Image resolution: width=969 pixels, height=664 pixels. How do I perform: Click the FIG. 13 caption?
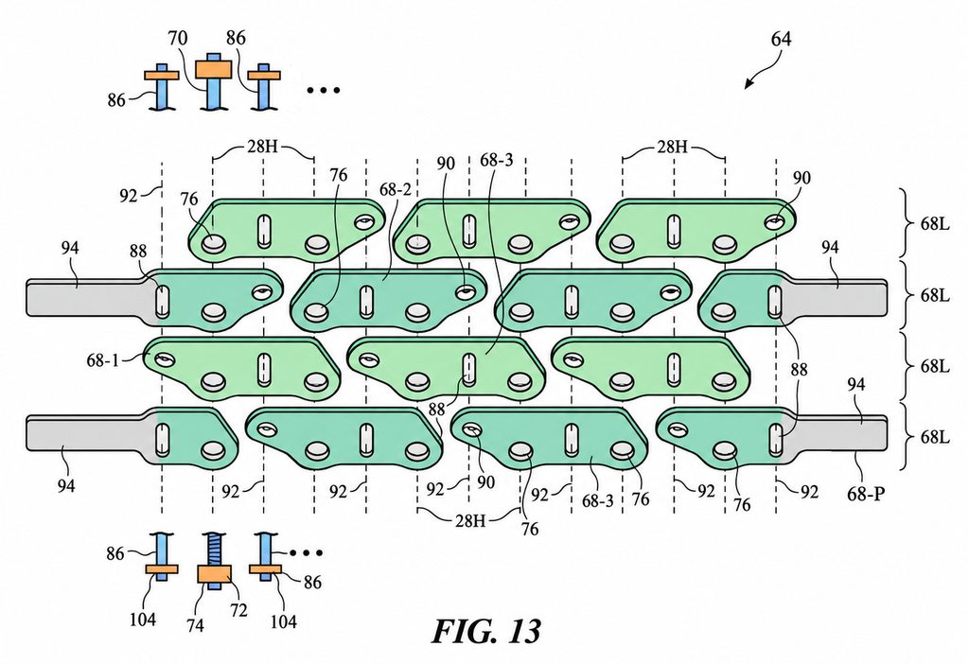485,631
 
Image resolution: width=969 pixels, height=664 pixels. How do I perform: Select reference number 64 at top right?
781,39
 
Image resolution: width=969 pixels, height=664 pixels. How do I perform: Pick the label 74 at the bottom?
194,625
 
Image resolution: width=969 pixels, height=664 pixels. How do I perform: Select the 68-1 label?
102,360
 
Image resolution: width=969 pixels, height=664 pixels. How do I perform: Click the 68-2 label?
395,189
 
